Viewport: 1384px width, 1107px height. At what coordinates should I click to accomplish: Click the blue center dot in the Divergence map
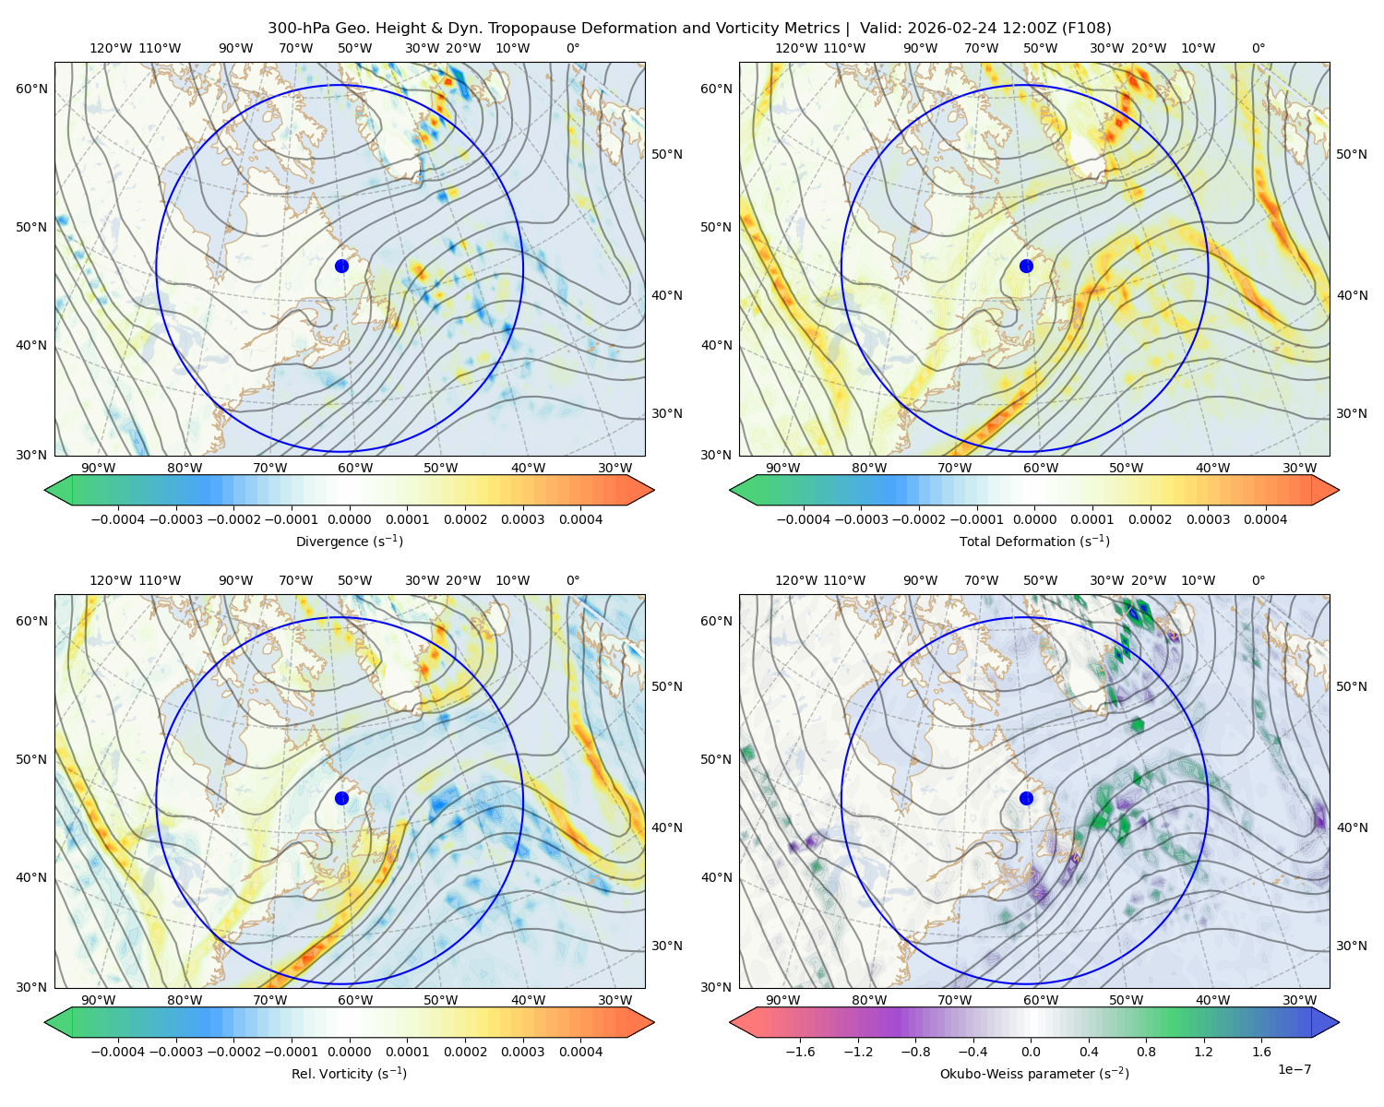pos(341,266)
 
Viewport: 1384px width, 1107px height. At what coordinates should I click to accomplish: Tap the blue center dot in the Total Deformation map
pos(1026,266)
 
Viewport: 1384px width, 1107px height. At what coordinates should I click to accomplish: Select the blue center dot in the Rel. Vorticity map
pos(341,798)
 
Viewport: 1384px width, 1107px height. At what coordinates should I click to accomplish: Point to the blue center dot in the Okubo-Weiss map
pos(1026,798)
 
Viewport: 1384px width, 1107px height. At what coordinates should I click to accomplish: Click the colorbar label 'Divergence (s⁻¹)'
pos(349,541)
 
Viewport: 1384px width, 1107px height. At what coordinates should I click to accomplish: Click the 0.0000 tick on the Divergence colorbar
pos(349,519)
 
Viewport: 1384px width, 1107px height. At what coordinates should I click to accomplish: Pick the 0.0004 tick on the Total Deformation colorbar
pos(1266,519)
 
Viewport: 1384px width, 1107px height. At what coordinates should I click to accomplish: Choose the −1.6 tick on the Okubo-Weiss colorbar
pos(800,1051)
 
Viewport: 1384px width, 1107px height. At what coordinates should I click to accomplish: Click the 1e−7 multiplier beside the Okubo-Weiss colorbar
pos(1294,1069)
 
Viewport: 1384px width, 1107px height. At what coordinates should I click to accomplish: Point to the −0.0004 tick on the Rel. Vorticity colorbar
pos(118,1051)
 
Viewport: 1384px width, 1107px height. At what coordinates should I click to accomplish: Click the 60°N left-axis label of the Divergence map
pos(31,89)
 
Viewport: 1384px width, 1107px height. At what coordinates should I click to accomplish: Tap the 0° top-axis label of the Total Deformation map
pos(1258,48)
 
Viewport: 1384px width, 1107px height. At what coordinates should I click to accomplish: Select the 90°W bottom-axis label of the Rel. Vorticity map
pos(99,1000)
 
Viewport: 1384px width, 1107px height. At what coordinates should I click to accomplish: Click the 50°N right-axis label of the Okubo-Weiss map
pos(1352,686)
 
